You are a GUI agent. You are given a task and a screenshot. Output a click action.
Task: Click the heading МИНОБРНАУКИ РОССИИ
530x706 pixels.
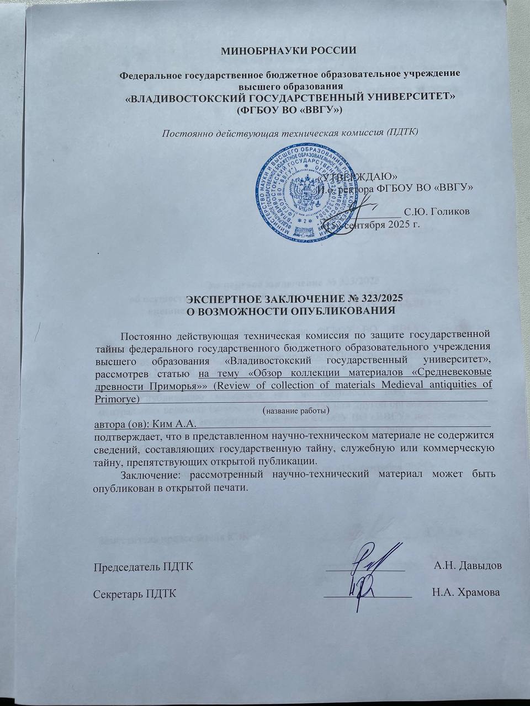(x=289, y=51)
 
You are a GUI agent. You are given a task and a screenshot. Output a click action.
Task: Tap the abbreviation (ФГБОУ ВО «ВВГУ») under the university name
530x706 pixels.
(x=289, y=110)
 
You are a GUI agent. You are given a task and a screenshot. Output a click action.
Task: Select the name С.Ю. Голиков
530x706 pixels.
(x=437, y=212)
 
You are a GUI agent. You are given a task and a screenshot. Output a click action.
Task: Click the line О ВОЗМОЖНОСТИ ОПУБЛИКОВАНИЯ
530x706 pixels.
(x=291, y=310)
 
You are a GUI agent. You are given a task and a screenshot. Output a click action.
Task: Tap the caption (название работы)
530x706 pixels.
(x=295, y=411)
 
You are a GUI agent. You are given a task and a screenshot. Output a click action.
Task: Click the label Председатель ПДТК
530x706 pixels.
(x=143, y=566)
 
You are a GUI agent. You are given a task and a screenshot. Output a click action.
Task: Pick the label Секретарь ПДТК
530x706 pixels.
(x=135, y=593)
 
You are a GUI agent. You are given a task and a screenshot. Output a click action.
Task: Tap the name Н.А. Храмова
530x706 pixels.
(x=467, y=593)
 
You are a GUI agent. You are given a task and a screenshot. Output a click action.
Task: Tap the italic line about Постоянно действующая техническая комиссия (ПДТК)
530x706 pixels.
(x=289, y=132)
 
